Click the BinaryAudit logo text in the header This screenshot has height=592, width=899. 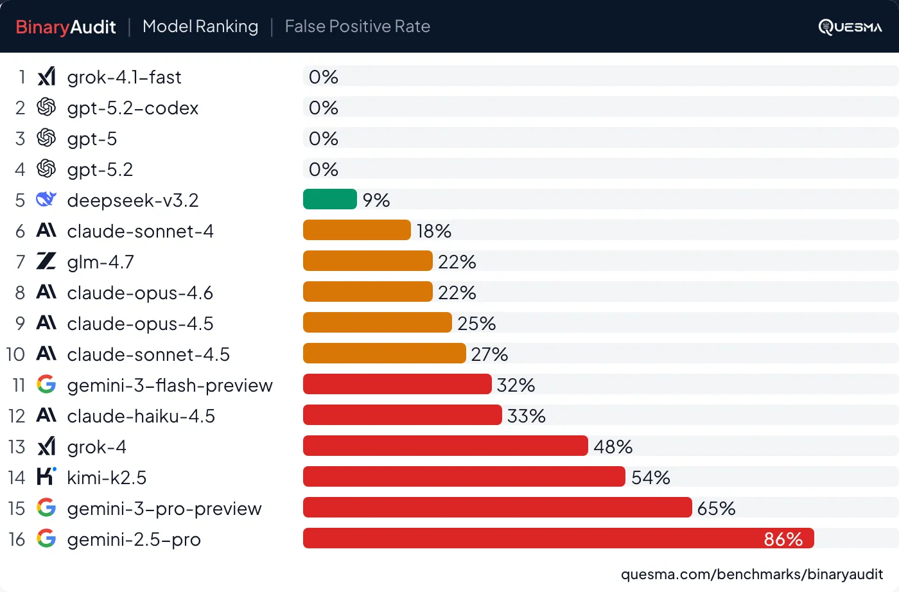65,27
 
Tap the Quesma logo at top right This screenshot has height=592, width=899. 850,27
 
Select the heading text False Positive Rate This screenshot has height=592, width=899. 357,26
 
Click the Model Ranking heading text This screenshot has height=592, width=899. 200,26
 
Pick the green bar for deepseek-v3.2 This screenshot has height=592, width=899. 329,199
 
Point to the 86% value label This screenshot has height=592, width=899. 783,539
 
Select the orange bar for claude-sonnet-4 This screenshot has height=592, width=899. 356,230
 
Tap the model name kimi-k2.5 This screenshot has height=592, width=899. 107,478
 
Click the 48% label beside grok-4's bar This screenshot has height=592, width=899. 613,446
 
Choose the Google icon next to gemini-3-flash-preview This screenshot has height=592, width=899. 46,385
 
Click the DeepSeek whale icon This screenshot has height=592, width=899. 46,200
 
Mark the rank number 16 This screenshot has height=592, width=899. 17,539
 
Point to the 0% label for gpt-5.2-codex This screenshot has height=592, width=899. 323,108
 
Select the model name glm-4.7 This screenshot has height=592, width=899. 100,262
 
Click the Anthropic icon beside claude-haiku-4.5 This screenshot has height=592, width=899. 46,415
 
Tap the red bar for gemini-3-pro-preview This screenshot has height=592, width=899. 497,507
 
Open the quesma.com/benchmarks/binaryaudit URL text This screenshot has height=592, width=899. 751,574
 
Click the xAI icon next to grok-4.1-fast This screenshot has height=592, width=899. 46,76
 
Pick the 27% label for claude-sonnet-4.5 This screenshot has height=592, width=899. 489,354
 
